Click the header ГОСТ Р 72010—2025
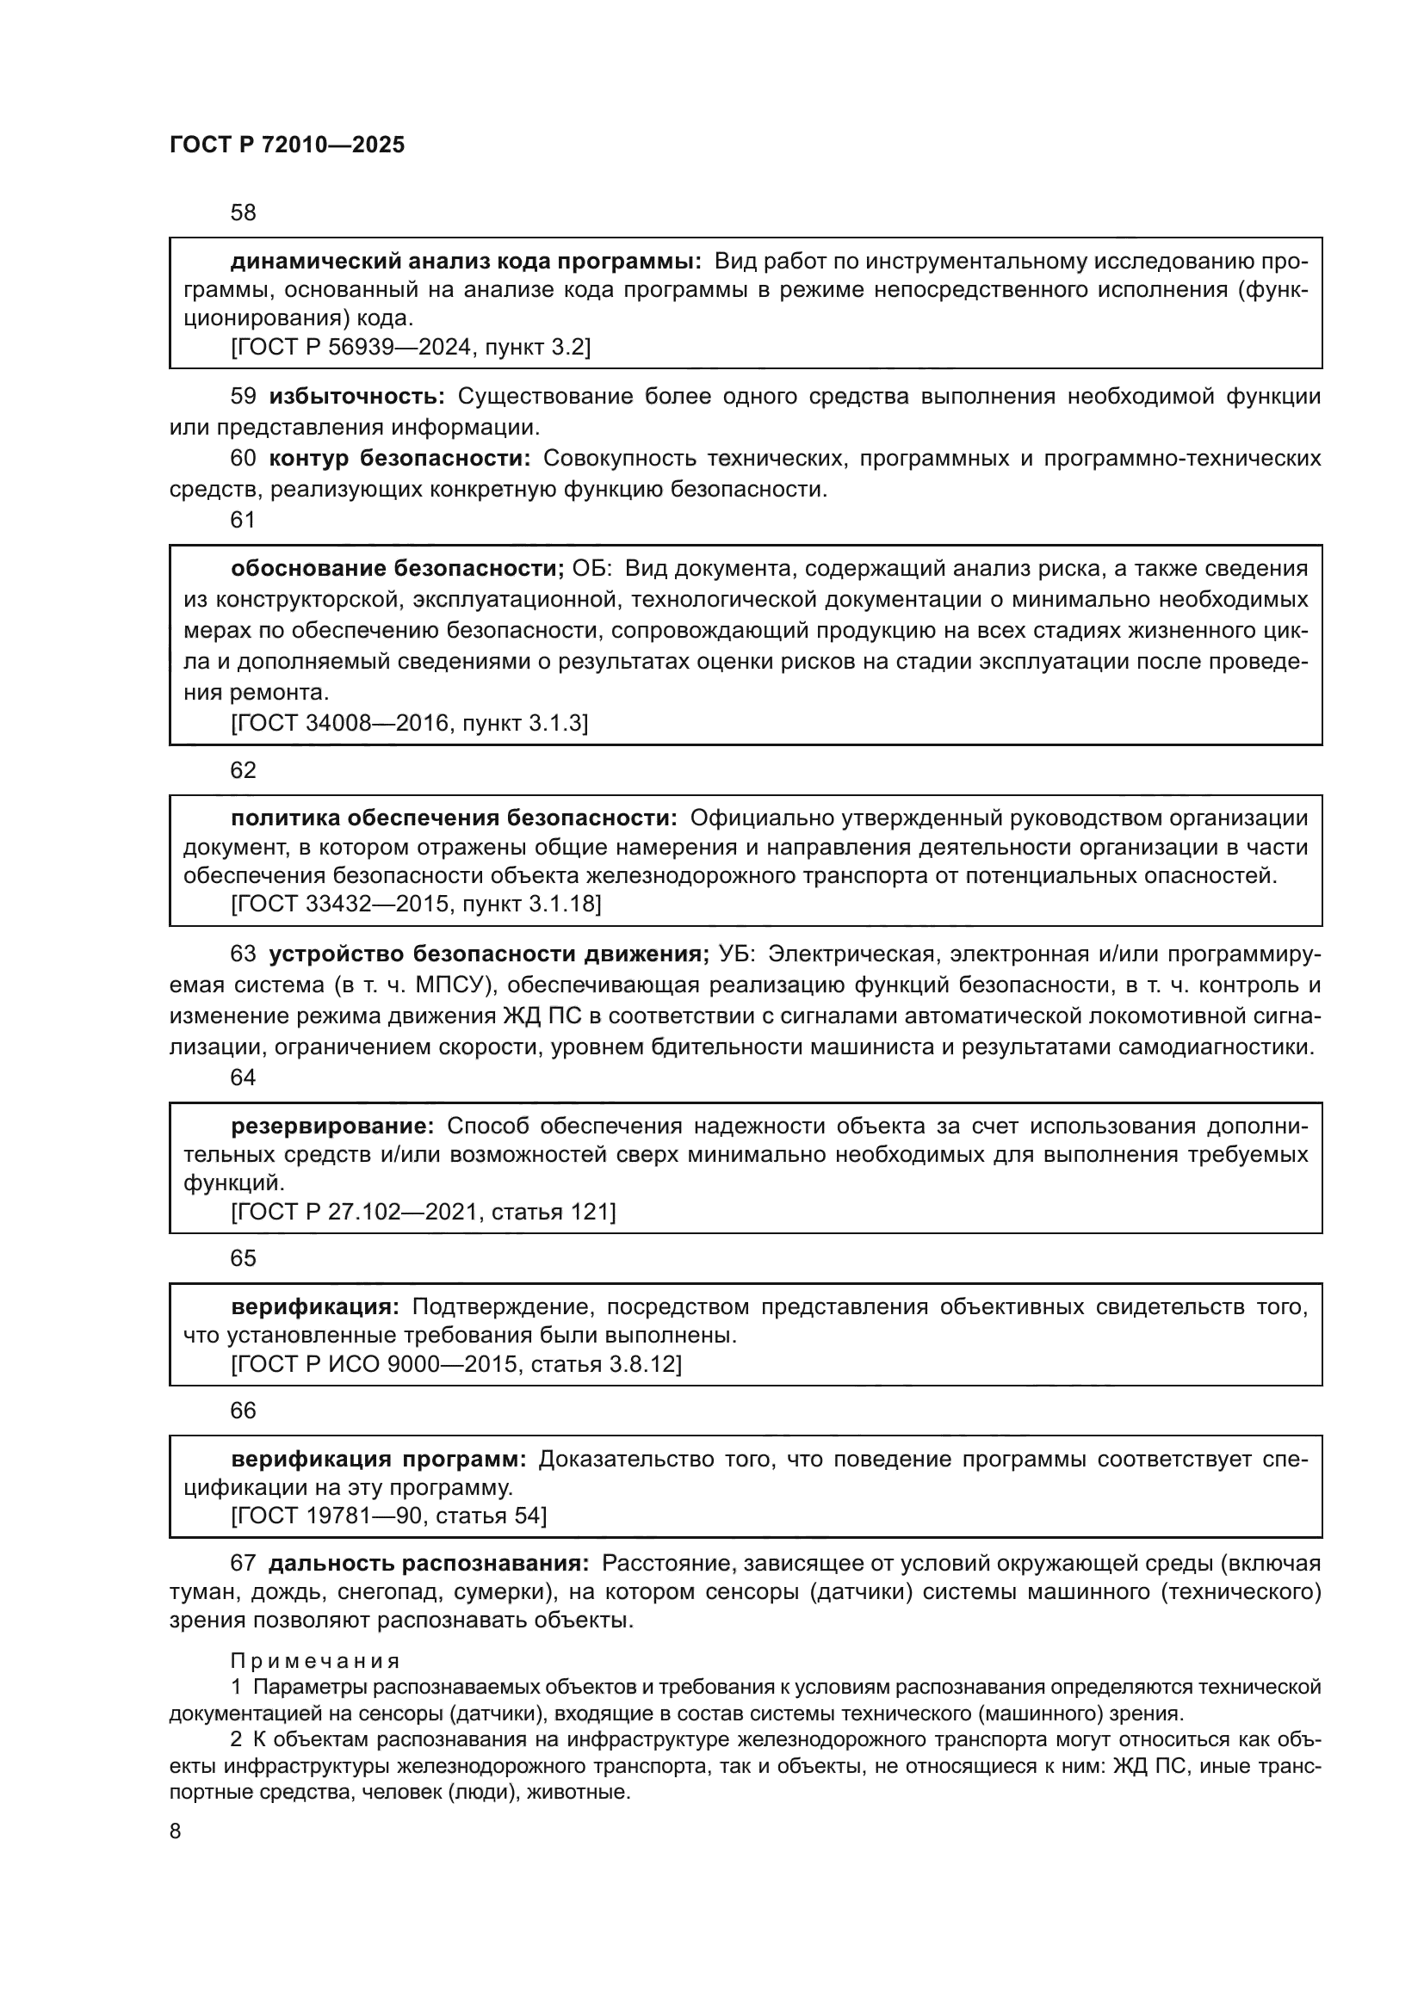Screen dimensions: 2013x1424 pyautogui.click(x=287, y=145)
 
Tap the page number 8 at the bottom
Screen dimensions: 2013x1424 pyautogui.click(x=176, y=1831)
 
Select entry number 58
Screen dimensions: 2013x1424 pyautogui.click(x=243, y=213)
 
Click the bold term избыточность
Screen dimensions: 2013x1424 pyautogui.click(x=357, y=396)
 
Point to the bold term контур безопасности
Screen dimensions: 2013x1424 pyautogui.click(x=399, y=458)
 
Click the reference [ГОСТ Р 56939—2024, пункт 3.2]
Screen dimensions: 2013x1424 pyautogui.click(x=411, y=348)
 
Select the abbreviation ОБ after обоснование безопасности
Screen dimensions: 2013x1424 pyautogui.click(x=590, y=568)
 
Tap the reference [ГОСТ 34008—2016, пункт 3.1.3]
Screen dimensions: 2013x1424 pyautogui.click(x=410, y=722)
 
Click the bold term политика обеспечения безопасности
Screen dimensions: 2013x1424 pyautogui.click(x=454, y=818)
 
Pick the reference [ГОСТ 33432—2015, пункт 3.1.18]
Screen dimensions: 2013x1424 pyautogui.click(x=416, y=903)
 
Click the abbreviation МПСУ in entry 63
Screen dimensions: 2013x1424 pyautogui.click(x=449, y=985)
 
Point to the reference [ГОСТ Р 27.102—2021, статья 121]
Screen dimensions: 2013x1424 pyautogui.click(x=423, y=1212)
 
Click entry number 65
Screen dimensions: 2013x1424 pyautogui.click(x=243, y=1258)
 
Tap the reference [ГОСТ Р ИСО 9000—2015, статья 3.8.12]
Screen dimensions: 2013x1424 pyautogui.click(x=456, y=1364)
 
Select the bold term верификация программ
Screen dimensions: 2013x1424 pyautogui.click(x=378, y=1459)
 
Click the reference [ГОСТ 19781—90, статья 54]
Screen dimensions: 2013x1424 pyautogui.click(x=388, y=1516)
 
